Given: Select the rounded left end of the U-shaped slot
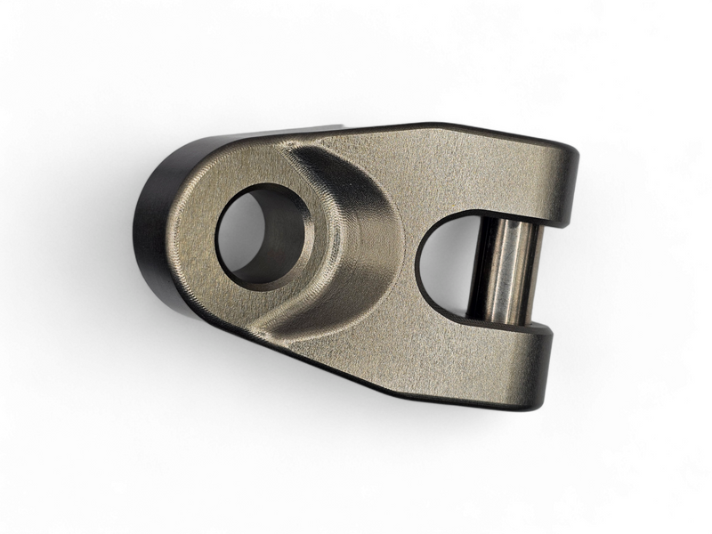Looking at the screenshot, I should pyautogui.click(x=421, y=267).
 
